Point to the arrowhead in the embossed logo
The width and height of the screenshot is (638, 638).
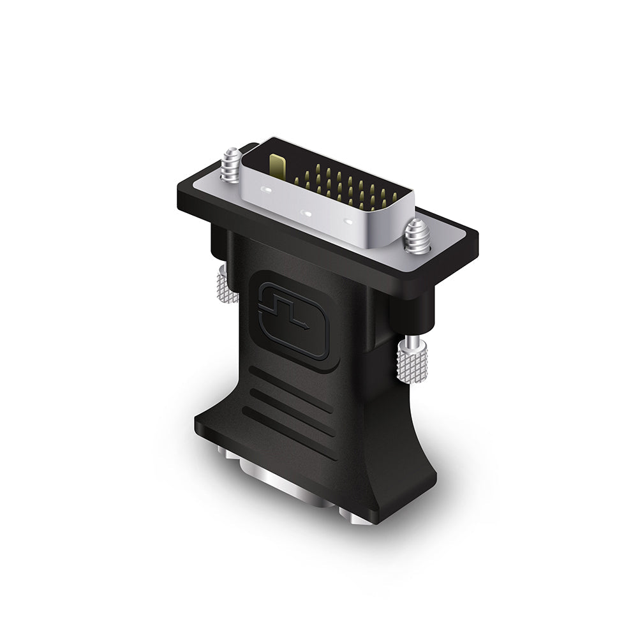[308, 326]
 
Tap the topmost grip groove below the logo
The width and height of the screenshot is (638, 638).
[291, 383]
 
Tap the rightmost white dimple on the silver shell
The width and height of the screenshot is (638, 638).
[348, 222]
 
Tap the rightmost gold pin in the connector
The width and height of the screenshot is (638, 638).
[394, 197]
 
